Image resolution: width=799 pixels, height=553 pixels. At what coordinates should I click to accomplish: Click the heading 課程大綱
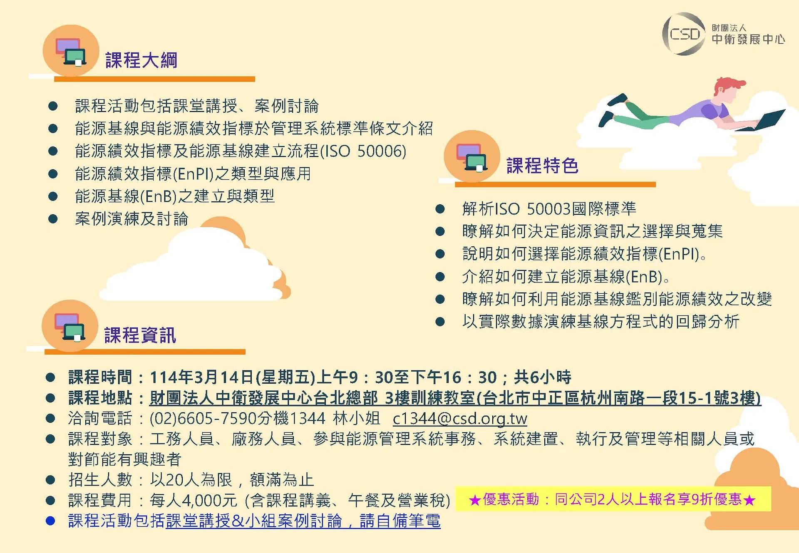141,60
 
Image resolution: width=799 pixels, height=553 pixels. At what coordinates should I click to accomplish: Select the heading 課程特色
542,166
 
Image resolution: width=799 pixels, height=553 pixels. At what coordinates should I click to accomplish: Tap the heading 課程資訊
140,335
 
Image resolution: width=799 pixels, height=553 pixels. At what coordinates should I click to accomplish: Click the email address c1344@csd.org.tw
460,418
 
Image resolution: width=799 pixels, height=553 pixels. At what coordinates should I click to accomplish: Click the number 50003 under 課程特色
548,208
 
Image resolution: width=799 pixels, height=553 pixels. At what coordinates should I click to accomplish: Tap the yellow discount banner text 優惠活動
511,499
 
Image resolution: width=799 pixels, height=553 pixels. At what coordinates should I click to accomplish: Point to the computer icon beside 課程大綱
71,51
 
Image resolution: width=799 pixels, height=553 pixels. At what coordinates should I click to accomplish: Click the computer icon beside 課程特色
472,156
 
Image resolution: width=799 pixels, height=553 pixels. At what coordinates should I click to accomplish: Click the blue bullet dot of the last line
50,521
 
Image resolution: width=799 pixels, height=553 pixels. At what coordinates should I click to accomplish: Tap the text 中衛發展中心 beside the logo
748,39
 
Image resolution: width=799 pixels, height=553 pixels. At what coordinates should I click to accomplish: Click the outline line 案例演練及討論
132,219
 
